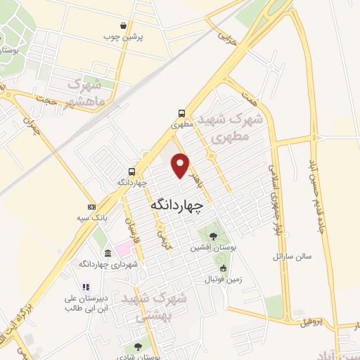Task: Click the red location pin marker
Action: [181, 165]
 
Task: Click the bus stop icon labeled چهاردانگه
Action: [131, 171]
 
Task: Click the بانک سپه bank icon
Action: [91, 207]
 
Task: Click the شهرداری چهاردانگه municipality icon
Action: [107, 253]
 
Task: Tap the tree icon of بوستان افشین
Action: [213, 236]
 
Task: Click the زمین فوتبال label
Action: [222, 279]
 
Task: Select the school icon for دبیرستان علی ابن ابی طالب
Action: [85, 287]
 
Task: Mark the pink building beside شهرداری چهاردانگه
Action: [124, 248]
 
